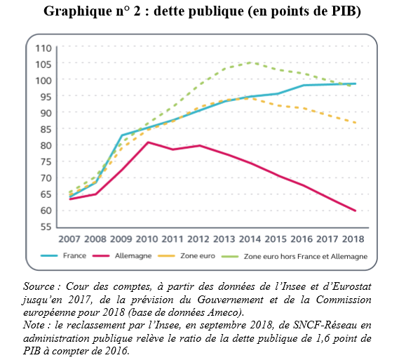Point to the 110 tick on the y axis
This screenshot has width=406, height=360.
[43, 48]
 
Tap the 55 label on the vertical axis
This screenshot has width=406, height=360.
[46, 227]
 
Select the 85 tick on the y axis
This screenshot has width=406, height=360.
[46, 129]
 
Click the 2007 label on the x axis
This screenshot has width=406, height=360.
[69, 239]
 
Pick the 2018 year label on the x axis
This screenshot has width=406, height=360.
[353, 239]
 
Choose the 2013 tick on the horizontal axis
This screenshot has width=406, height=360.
[224, 239]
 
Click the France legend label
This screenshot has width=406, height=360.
[74, 256]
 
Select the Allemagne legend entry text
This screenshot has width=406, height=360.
[133, 256]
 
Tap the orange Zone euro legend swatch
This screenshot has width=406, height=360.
[166, 256]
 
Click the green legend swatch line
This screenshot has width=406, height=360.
[230, 257]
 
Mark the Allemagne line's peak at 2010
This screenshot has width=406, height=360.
[147, 142]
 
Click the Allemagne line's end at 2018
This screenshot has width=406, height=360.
[355, 211]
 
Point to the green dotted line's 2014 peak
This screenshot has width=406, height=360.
[250, 62]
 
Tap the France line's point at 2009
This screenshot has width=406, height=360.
[122, 135]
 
